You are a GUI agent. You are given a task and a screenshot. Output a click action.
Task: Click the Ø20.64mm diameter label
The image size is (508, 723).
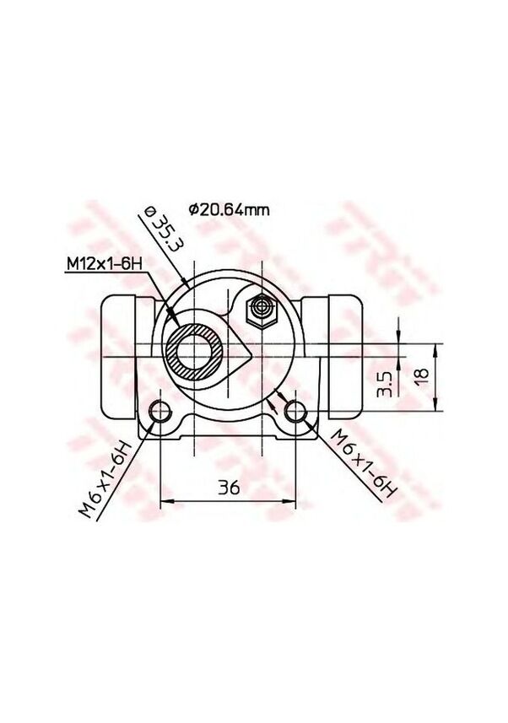230,210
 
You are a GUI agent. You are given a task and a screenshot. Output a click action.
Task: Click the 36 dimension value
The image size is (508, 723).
229,488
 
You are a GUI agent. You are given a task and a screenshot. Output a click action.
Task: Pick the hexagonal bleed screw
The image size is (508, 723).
259,312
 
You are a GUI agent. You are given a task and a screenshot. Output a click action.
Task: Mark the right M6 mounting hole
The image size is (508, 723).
295,413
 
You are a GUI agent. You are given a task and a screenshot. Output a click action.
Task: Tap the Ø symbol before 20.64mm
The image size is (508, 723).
193,210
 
